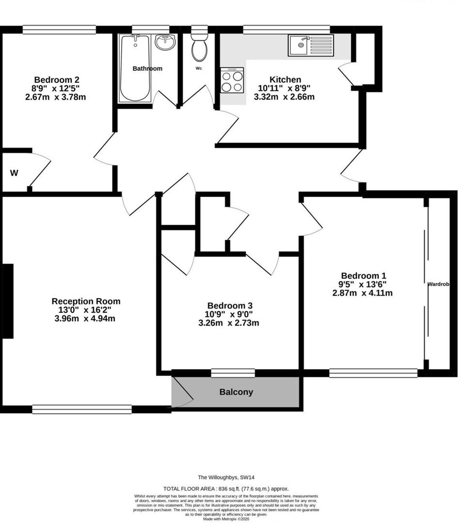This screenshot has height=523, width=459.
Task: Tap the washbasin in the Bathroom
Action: [165, 43]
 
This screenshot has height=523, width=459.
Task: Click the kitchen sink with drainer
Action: [310, 46]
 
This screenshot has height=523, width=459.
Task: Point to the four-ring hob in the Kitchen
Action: [232, 80]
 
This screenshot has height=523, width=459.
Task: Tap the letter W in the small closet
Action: [15, 173]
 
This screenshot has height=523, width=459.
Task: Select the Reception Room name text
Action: [86, 301]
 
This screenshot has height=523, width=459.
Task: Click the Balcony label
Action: [236, 392]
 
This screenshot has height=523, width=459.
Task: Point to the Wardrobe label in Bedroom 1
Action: [442, 285]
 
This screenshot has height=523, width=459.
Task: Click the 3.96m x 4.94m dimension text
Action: [86, 319]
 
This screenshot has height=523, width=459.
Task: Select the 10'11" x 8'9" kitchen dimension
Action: [285, 88]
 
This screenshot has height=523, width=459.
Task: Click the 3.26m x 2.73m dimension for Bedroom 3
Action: [230, 323]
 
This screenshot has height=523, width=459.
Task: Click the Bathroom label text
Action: [147, 69]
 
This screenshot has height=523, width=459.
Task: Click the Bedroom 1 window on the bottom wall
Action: [373, 373]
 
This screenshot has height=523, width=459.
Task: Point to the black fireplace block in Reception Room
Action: [8, 301]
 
